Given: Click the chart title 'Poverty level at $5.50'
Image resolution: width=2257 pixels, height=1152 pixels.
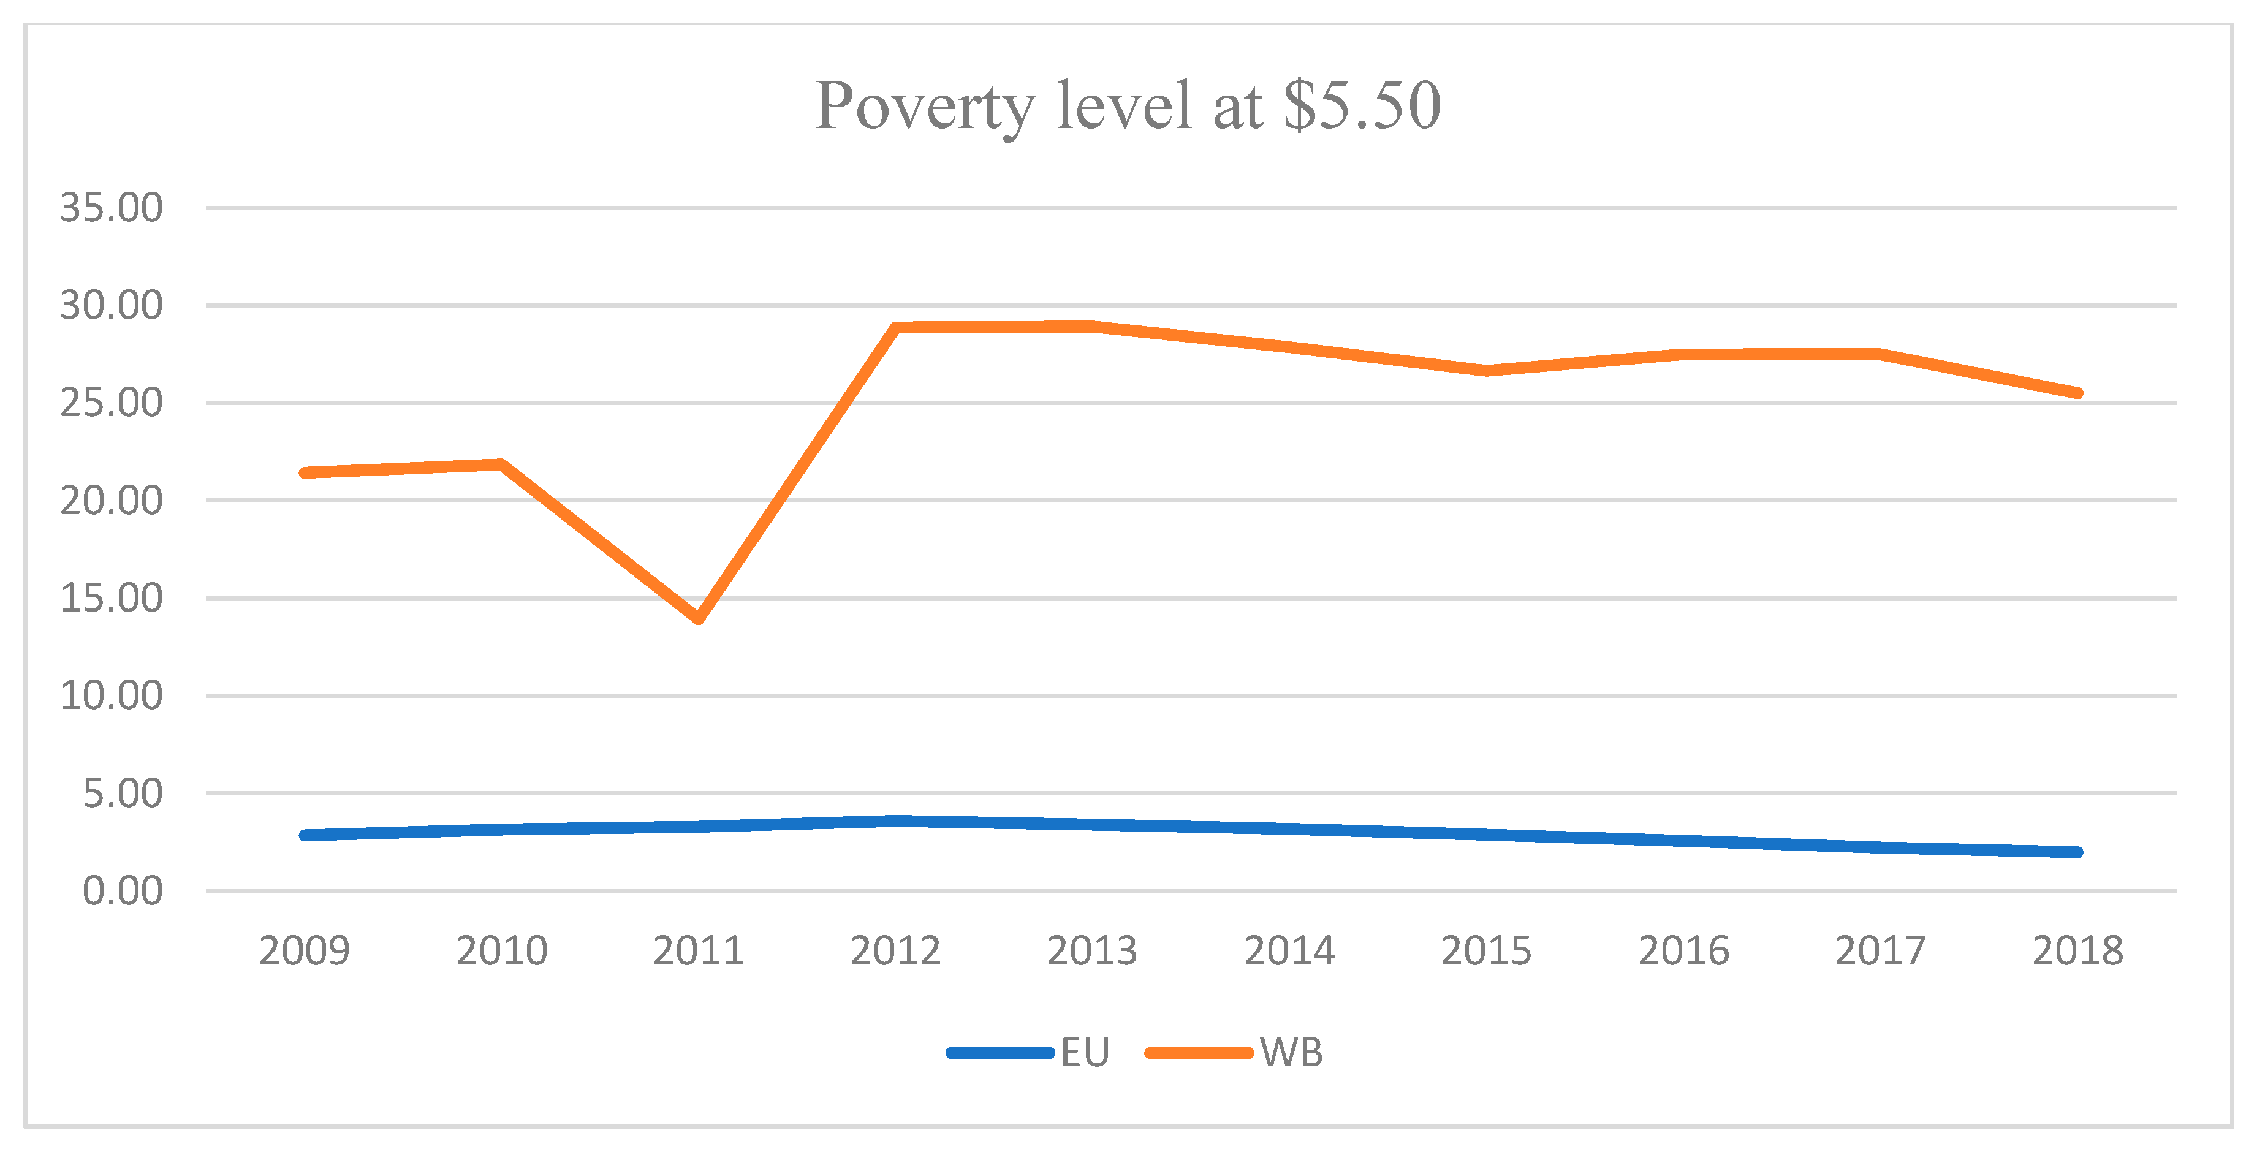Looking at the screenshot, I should pos(1128,106).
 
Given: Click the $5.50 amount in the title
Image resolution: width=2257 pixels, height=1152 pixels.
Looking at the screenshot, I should pos(1362,106).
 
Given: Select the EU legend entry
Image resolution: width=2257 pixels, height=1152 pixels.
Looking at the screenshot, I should pos(1030,1052).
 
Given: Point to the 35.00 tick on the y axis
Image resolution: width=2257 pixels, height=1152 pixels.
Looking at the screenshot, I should pos(112,208).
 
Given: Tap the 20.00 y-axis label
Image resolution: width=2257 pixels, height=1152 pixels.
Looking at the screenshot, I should pos(112,501).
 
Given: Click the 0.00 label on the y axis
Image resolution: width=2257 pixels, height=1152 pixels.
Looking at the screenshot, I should pos(123,891).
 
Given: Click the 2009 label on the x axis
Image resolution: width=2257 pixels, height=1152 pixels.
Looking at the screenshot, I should pos(304,950).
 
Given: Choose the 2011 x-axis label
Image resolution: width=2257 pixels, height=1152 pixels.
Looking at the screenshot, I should pos(698,950).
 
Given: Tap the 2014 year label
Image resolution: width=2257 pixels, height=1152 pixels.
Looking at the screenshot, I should pos(1290,950).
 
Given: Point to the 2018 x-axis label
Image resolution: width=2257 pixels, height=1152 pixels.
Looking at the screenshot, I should pos(2077,950).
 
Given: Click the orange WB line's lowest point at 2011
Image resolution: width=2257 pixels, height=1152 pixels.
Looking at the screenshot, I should pos(698,618).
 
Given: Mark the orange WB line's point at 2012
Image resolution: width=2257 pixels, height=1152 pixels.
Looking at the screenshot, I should pos(895,328).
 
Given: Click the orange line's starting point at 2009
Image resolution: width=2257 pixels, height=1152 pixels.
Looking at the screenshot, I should pos(304,473).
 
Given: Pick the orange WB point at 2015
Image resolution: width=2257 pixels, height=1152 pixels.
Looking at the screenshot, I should pos(1487,371).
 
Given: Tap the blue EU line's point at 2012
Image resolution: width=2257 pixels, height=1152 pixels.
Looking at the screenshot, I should pos(895,821).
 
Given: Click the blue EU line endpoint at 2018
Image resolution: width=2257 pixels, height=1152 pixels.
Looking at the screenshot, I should pos(2077,852).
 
